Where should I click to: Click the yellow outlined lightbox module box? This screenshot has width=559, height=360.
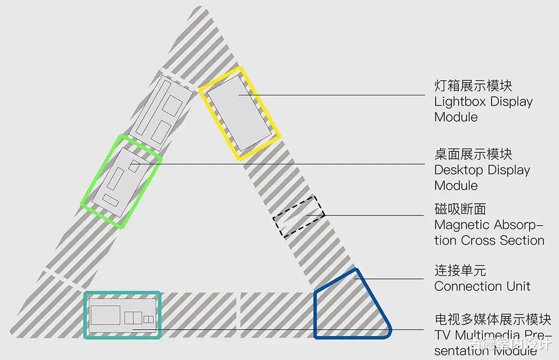(239, 114)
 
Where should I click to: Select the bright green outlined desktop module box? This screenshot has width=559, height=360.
(121, 181)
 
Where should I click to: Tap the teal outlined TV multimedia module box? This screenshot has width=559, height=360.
(122, 315)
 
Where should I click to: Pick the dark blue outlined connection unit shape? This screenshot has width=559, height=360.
(349, 306)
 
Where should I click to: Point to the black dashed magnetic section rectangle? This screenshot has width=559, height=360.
(299, 216)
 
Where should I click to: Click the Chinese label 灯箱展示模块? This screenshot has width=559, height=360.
(473, 86)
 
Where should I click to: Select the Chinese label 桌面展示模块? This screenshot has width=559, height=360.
(473, 154)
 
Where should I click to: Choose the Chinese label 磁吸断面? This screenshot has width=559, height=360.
(460, 209)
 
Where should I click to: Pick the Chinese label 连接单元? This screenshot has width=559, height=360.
(460, 270)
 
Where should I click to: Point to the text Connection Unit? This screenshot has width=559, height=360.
(482, 286)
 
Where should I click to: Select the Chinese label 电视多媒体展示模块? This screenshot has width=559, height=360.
(492, 319)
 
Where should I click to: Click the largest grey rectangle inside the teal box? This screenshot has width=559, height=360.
(105, 315)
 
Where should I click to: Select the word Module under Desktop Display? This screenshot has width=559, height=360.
(456, 186)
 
